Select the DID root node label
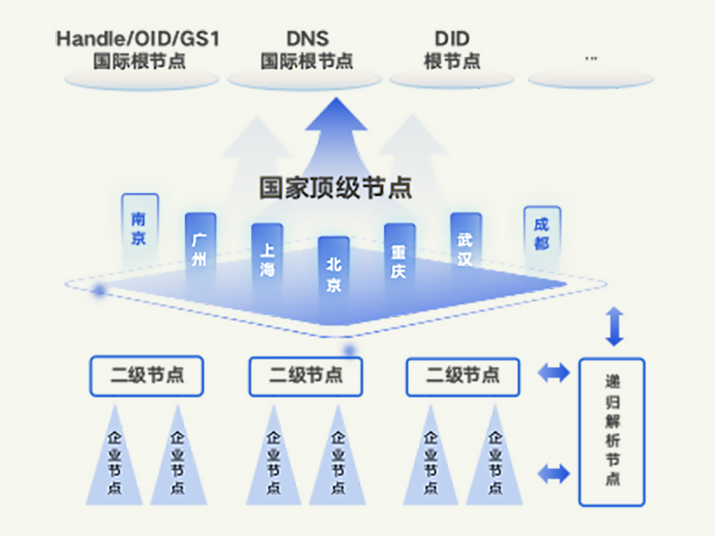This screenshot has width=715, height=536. [452, 50]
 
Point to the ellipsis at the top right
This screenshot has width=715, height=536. [591, 58]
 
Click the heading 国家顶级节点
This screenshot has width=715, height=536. [336, 188]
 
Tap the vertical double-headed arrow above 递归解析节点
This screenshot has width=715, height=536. [614, 326]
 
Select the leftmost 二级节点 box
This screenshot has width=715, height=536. [146, 377]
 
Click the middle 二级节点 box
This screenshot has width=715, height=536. [305, 377]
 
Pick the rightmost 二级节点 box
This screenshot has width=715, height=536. [462, 377]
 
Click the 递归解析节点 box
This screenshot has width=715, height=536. [612, 431]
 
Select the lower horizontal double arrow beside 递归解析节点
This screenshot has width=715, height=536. [553, 473]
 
